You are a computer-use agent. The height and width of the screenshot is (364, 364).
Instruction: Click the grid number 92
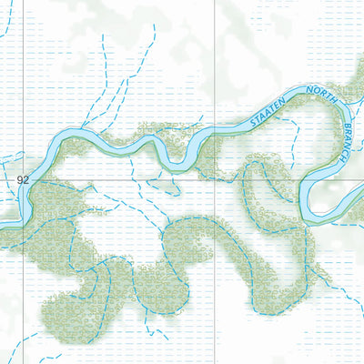tap(23, 180)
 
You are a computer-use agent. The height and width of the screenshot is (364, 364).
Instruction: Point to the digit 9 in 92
tap(20, 180)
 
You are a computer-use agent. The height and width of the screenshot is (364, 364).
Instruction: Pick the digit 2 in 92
tap(26, 180)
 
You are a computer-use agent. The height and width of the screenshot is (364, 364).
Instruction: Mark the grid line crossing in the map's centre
tap(215, 180)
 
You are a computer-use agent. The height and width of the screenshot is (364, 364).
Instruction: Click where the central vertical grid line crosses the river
tap(215, 133)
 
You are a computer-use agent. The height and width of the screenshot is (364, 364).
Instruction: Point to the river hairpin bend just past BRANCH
tap(309, 196)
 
